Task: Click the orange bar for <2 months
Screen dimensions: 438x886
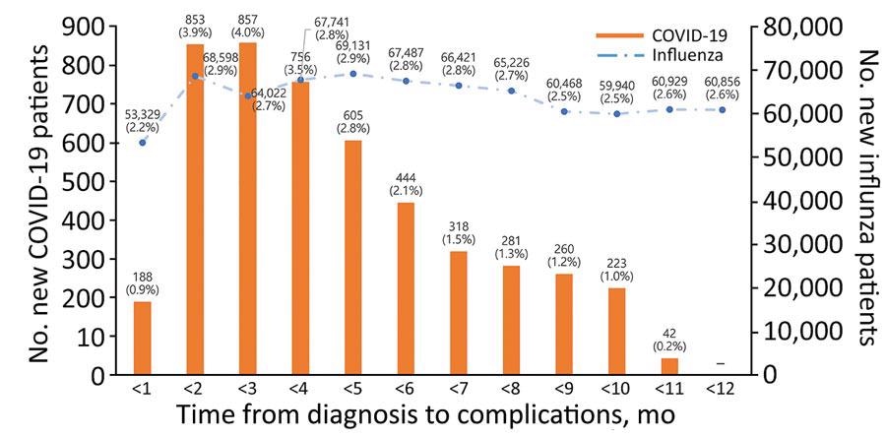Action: pyautogui.click(x=196, y=210)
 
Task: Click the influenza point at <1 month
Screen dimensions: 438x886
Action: pyautogui.click(x=143, y=143)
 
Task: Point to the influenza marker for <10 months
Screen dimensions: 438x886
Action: pyautogui.click(x=617, y=114)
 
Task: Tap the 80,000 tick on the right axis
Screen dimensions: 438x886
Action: pyautogui.click(x=796, y=28)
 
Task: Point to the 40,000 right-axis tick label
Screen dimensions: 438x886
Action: pyautogui.click(x=796, y=201)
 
